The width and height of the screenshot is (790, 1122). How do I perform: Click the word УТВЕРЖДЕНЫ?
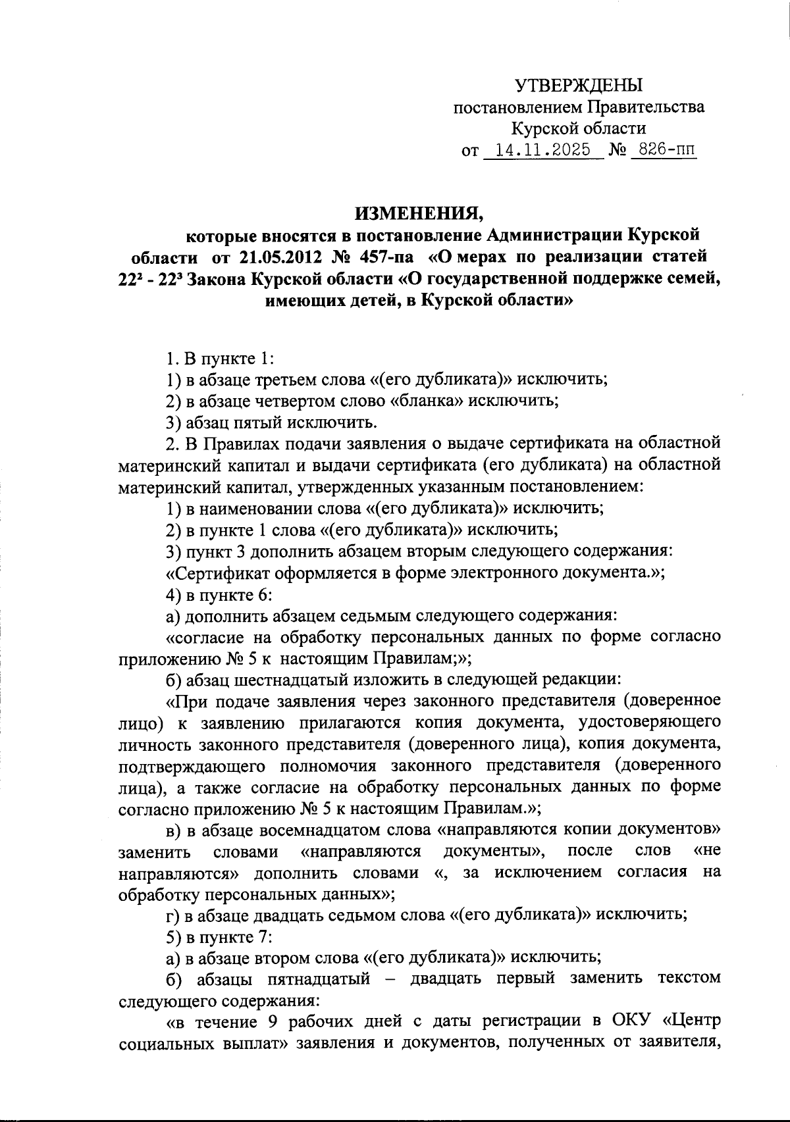tap(578, 86)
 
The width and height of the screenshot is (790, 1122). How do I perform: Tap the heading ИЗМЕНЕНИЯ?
tap(419, 213)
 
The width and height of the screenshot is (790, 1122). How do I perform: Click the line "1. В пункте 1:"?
tap(219, 359)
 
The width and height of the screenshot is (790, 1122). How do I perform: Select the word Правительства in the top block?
tap(646, 107)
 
